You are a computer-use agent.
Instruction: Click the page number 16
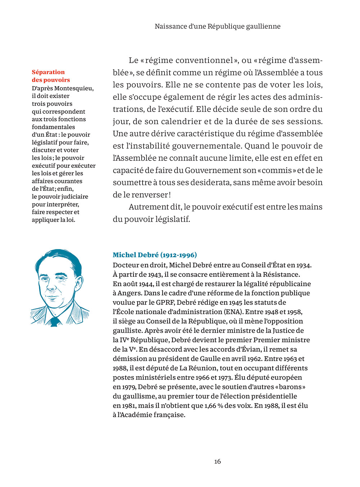217,461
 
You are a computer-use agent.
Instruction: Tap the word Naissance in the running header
170,26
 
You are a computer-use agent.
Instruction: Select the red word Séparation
48,72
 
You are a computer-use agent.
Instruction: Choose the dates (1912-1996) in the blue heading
179,255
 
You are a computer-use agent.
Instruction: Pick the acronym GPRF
165,303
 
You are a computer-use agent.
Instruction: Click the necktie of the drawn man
54,321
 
